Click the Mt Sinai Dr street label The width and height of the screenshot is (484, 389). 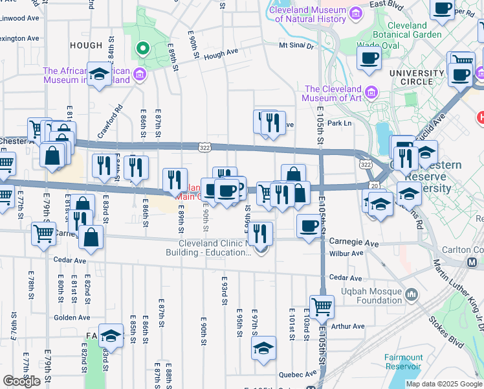point(296,46)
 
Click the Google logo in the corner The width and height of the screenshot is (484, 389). point(21,381)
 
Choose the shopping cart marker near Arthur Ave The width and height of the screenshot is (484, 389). point(322,306)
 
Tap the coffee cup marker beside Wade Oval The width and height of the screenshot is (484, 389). point(369,58)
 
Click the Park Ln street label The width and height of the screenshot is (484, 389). point(339,123)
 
